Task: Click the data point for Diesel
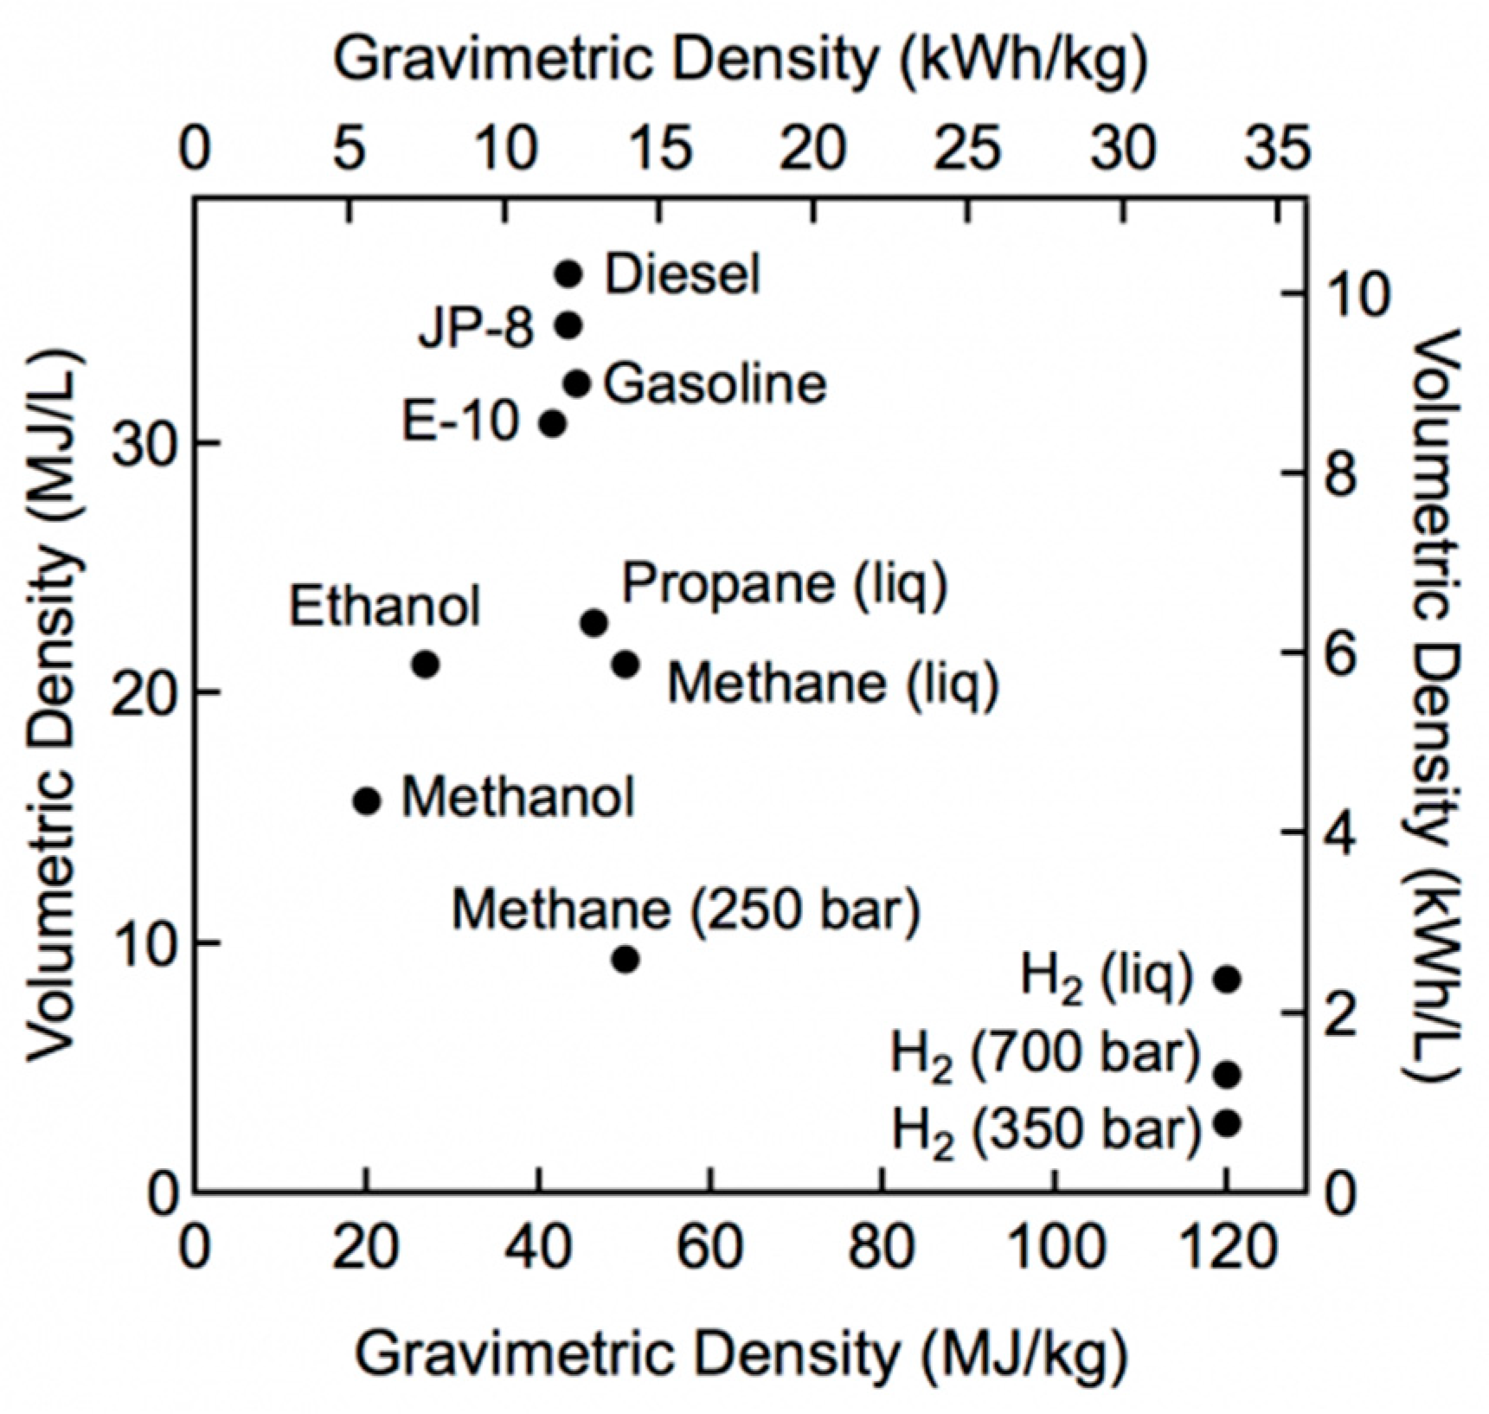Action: [568, 274]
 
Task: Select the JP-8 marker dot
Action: [568, 326]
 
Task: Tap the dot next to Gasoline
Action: [576, 382]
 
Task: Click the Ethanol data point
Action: [425, 665]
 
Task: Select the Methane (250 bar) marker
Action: [626, 960]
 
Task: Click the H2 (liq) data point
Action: [1227, 980]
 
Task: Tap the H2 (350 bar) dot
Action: [1227, 1123]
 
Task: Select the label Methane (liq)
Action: [832, 684]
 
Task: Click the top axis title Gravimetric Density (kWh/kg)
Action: [742, 61]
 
